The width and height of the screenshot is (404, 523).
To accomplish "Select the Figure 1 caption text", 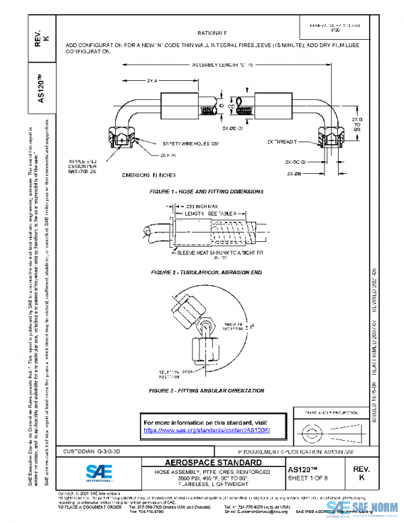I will click(x=206, y=191).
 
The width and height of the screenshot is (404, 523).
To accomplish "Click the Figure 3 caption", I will click(x=207, y=390).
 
